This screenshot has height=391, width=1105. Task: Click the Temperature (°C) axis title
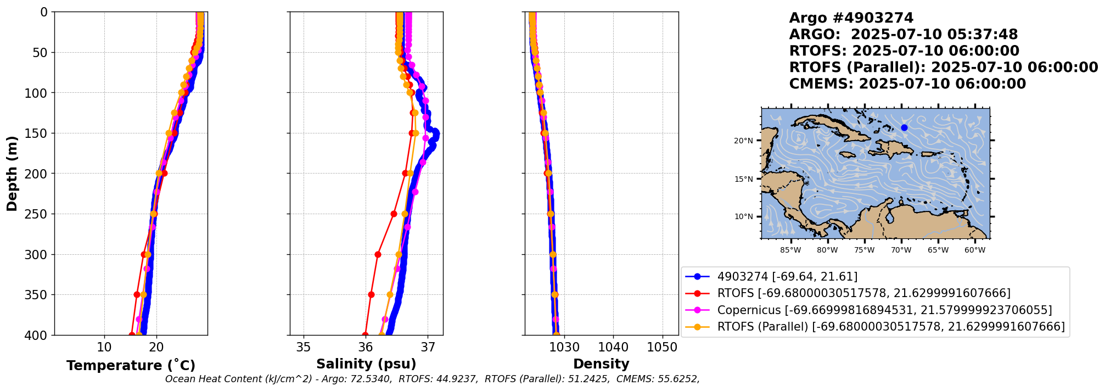[x=131, y=366]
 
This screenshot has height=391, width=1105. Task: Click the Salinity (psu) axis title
[x=366, y=364]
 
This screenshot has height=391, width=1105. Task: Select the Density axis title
[x=601, y=364]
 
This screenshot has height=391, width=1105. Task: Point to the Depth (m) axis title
[x=12, y=173]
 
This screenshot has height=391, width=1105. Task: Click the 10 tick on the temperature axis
[x=104, y=347]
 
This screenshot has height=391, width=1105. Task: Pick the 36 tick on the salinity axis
[x=366, y=347]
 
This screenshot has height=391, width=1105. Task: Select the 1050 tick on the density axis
[x=663, y=347]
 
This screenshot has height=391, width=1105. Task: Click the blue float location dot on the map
[x=904, y=128]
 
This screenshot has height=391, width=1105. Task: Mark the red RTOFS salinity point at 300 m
[x=378, y=254]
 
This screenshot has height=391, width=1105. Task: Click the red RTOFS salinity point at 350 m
[x=371, y=295]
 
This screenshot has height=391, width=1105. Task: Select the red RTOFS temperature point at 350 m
[x=137, y=295]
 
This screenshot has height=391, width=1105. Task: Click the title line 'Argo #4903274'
[x=851, y=18]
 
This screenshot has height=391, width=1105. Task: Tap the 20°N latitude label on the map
[x=743, y=141]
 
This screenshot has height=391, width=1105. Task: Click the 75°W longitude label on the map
[x=864, y=250]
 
